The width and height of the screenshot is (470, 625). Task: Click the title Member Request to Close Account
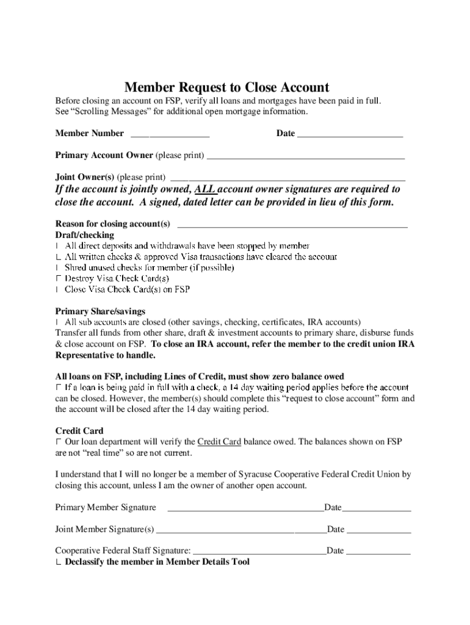(226, 87)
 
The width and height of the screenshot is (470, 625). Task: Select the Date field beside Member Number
(350, 134)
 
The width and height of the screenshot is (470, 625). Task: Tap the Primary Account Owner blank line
(305, 156)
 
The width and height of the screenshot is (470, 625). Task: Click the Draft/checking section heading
(84, 235)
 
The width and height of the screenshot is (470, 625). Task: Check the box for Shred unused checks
(58, 268)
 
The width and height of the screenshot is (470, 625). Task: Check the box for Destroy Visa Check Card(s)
(58, 279)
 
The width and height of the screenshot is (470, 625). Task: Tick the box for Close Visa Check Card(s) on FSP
(58, 290)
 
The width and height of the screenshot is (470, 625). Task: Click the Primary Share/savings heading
(100, 311)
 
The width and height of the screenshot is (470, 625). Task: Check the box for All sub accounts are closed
(58, 322)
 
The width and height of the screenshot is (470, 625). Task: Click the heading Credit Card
(79, 431)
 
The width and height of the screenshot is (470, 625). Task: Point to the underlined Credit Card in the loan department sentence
(219, 442)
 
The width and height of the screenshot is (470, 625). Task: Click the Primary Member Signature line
(245, 508)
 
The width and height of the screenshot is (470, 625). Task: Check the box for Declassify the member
(58, 563)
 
